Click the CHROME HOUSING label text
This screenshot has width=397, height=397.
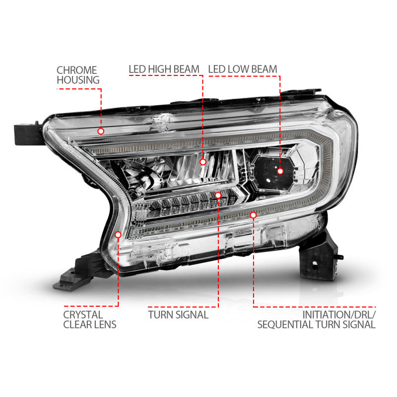(77, 75)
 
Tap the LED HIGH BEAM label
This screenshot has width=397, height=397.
(164, 69)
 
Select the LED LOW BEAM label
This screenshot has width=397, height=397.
(243, 69)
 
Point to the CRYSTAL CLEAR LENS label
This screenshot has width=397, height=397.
(90, 320)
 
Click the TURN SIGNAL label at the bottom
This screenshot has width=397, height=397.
(178, 315)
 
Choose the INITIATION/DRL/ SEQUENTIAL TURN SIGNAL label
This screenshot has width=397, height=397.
(316, 320)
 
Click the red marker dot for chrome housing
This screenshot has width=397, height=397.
(101, 131)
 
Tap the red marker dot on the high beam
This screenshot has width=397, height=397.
(202, 161)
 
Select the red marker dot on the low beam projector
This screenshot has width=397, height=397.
(280, 171)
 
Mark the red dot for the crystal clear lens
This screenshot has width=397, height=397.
(118, 235)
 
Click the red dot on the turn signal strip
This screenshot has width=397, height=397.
(218, 196)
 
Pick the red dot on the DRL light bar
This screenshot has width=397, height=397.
(253, 215)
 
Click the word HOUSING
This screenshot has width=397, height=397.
(78, 80)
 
